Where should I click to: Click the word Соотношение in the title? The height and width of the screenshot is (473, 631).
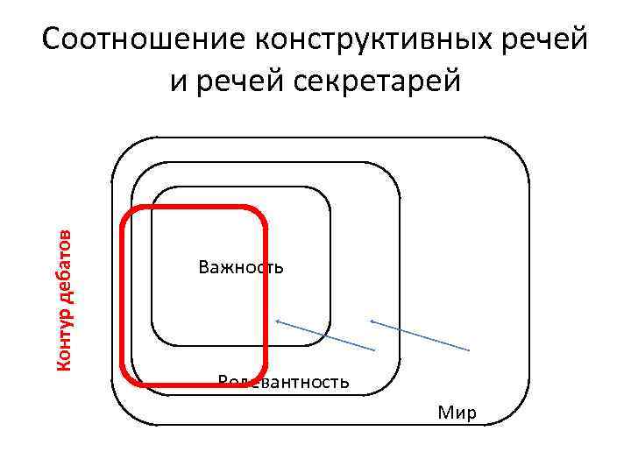(143, 41)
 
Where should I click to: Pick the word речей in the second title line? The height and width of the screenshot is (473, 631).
(232, 81)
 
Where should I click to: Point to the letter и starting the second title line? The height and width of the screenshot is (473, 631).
(178, 81)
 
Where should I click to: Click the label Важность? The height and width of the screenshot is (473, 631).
(241, 266)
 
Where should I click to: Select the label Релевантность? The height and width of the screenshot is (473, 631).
(283, 382)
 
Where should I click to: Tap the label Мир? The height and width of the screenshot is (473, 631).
(457, 413)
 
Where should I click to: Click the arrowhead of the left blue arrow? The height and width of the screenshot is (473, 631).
(277, 321)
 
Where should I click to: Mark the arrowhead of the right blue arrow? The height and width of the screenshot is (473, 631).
(372, 321)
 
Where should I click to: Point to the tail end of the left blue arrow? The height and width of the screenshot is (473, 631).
(375, 351)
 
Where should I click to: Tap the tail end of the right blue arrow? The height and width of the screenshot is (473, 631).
(470, 351)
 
